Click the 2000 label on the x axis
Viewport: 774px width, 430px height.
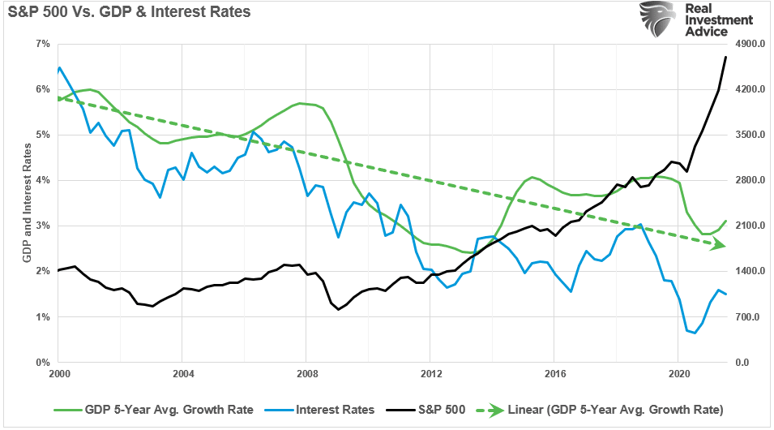[x=58, y=374]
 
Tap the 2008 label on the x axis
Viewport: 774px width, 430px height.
[x=306, y=374]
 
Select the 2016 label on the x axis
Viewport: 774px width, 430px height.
[x=553, y=374]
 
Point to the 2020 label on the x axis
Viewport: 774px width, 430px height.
[x=677, y=374]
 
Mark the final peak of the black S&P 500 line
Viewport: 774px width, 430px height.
[x=726, y=57]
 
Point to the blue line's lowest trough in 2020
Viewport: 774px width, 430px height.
[x=695, y=333]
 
